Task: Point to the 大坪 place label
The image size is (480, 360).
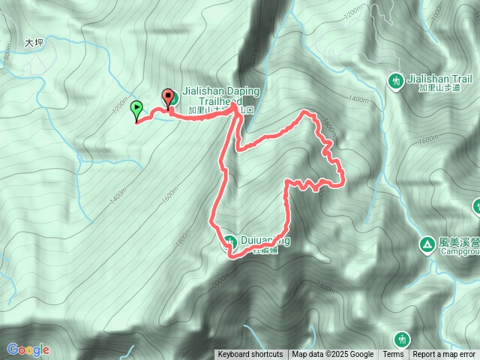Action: pos(34,43)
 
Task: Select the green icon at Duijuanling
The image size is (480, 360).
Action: pos(229,241)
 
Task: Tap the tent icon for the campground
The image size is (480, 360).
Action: pos(427,244)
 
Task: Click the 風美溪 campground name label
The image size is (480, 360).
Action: pos(458,242)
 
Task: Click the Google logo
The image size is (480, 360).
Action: pos(28,349)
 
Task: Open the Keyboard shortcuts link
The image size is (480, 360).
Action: pos(250,355)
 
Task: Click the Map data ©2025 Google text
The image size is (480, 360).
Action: pos(333,355)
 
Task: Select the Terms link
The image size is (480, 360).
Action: pos(393,355)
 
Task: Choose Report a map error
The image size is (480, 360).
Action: pos(444,355)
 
